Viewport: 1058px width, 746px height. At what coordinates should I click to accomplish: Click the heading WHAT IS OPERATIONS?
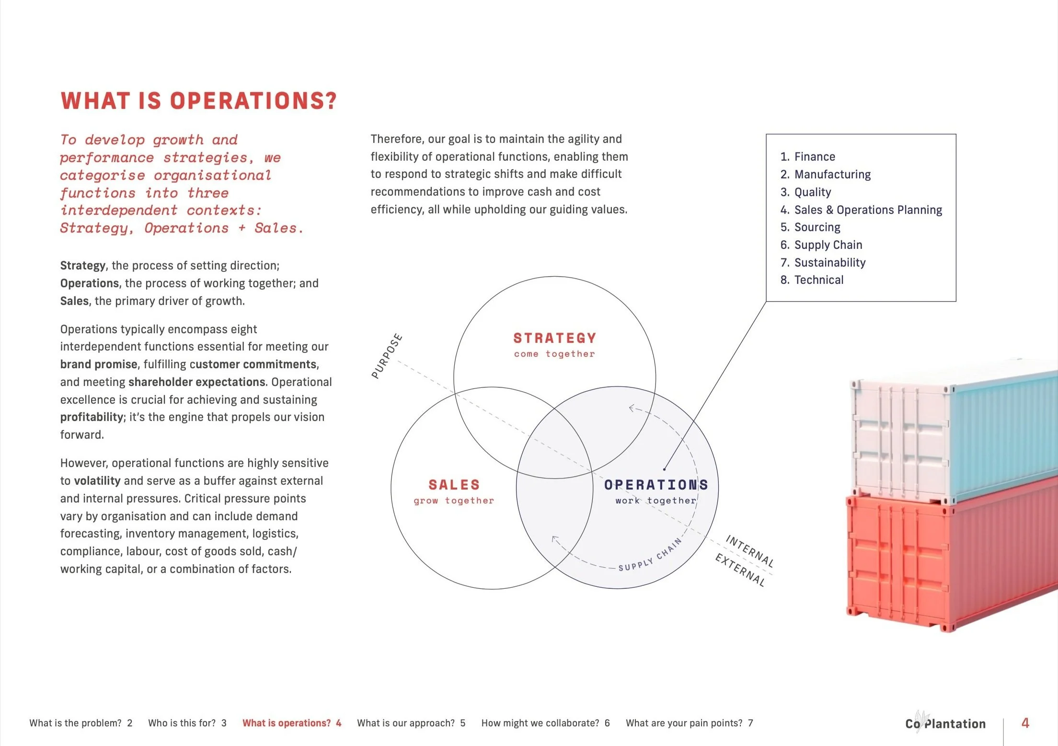click(198, 101)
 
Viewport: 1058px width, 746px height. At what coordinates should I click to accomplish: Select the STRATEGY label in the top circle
click(554, 338)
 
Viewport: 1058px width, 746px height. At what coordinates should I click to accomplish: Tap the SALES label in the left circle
click(454, 485)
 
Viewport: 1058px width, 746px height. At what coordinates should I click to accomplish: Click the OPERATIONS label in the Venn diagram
click(655, 485)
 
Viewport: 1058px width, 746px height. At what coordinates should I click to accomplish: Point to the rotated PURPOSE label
click(387, 356)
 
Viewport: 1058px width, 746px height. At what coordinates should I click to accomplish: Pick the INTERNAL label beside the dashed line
click(749, 551)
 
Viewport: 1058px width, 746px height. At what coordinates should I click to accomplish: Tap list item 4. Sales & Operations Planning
click(861, 210)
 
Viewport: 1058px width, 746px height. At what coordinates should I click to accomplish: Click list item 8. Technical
click(812, 280)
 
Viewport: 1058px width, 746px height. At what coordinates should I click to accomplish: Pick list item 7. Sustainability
click(823, 263)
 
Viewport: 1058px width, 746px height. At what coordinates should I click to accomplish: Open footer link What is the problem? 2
click(80, 723)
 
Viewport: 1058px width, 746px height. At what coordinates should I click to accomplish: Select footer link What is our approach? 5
click(411, 723)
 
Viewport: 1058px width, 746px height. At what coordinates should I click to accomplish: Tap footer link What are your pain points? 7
click(689, 723)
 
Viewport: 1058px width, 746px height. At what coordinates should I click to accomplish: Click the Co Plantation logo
click(945, 723)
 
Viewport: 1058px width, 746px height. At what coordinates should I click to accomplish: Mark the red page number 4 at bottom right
click(1025, 723)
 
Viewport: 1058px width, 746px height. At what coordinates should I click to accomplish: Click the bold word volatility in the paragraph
click(97, 481)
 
